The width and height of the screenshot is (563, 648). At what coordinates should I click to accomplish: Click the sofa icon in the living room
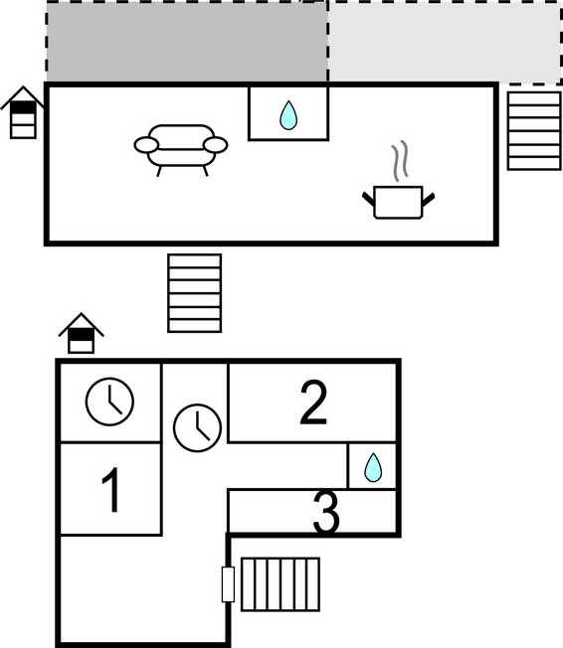click(x=181, y=150)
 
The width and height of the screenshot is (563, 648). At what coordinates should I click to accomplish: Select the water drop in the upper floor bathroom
click(x=288, y=115)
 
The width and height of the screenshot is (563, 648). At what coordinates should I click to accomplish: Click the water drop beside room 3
click(x=373, y=467)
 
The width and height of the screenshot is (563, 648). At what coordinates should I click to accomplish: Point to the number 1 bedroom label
click(x=110, y=490)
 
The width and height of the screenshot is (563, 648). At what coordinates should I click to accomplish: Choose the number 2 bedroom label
click(x=313, y=403)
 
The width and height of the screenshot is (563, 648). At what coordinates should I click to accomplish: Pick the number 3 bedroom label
click(x=326, y=513)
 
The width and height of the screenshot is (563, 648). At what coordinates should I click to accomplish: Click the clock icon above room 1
click(x=109, y=401)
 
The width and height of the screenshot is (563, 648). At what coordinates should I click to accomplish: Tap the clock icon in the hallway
click(x=197, y=427)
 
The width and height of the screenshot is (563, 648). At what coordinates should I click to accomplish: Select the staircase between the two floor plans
click(x=194, y=293)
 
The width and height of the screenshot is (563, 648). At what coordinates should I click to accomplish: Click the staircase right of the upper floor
click(x=534, y=130)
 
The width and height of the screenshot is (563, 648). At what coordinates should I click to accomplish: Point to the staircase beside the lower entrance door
click(x=281, y=584)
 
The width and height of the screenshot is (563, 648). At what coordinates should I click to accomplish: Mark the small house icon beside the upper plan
click(x=23, y=112)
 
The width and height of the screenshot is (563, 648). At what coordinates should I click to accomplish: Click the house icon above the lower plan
click(x=82, y=333)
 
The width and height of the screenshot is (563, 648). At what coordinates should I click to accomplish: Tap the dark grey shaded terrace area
click(x=187, y=42)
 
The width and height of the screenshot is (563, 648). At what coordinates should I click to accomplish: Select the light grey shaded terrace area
click(x=445, y=42)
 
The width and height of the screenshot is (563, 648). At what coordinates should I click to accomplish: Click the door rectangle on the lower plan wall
click(x=228, y=584)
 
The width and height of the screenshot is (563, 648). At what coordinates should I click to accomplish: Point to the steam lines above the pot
click(x=400, y=161)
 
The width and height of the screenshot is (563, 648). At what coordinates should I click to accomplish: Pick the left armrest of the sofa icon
click(x=146, y=145)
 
